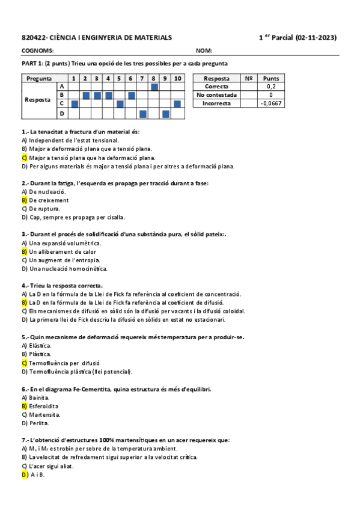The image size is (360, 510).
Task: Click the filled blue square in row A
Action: coord(154,87)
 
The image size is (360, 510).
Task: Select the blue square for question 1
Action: coord(75,104)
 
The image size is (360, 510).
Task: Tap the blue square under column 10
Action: coord(177,104)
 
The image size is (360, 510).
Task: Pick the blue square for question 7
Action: coord(143,113)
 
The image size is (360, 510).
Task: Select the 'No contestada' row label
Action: coord(216,95)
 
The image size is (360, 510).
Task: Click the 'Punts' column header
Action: coord(271,78)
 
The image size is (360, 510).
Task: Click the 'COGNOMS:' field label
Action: coord(37,51)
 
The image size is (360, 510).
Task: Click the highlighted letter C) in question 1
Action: coord(25,158)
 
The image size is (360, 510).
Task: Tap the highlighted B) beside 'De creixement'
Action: coord(25,200)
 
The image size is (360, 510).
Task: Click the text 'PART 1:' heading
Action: coord(32,64)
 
